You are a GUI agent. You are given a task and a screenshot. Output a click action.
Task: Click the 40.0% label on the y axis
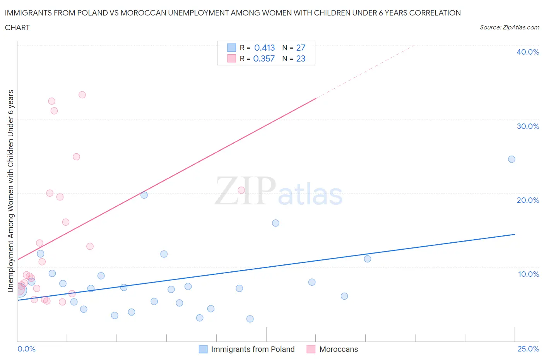coord(527,52)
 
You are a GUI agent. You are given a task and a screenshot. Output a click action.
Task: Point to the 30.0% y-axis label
coord(527,126)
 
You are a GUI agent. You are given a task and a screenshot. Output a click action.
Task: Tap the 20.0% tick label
coord(527,200)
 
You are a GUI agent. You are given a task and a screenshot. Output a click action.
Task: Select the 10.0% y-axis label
coord(528,274)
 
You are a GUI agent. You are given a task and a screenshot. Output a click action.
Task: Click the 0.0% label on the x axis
coord(26,349)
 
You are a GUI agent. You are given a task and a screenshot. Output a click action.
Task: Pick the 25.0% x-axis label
coord(528,349)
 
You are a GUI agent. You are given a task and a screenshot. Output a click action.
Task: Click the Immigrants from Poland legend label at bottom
coord(253,349)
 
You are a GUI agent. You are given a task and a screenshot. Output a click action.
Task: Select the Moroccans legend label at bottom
coord(339,349)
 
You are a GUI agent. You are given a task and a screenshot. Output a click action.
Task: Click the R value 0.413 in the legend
coord(264,48)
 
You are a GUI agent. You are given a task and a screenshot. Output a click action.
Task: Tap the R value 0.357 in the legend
coord(264,58)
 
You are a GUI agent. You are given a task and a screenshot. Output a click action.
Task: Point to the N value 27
coord(301,48)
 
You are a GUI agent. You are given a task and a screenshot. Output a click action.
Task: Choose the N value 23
coord(301,58)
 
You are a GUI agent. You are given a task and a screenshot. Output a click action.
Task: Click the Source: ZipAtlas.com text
coord(509,27)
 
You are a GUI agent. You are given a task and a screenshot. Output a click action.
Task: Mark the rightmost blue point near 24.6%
coord(511,159)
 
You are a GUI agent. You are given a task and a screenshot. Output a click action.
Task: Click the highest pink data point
coord(82,95)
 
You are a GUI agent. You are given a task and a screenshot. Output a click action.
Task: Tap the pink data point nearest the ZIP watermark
coord(241,190)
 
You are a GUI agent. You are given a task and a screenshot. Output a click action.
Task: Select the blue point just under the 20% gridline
coord(144,195)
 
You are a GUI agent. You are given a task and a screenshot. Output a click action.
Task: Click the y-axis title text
coord(11,191)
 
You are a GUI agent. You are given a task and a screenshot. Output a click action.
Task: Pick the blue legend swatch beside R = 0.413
coord(231,48)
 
